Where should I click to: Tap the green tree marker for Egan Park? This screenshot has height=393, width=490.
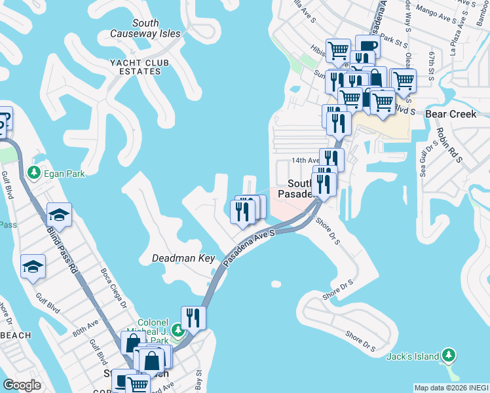(x=33, y=174)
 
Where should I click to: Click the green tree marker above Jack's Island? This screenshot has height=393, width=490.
(x=449, y=355)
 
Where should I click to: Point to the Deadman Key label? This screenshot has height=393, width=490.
(x=183, y=258)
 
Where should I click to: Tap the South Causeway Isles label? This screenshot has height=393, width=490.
(x=145, y=28)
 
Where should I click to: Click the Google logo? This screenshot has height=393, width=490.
(x=22, y=384)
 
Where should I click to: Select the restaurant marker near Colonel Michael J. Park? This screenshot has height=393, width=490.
(x=193, y=318)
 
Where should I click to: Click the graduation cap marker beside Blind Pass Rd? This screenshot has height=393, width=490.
(x=59, y=215)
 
